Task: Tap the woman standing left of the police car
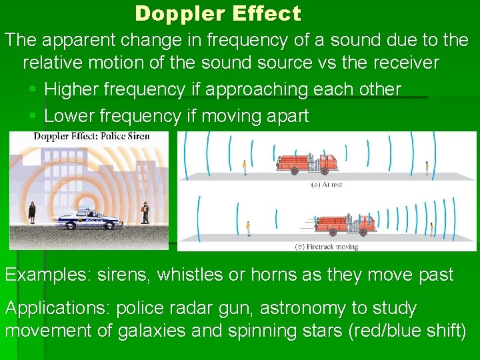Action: click(x=31, y=213)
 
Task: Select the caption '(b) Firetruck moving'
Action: click(x=326, y=247)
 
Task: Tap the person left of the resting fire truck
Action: click(x=245, y=167)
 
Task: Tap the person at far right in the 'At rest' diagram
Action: click(x=427, y=167)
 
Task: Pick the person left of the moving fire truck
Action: click(x=248, y=228)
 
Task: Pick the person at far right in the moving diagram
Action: click(x=431, y=229)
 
